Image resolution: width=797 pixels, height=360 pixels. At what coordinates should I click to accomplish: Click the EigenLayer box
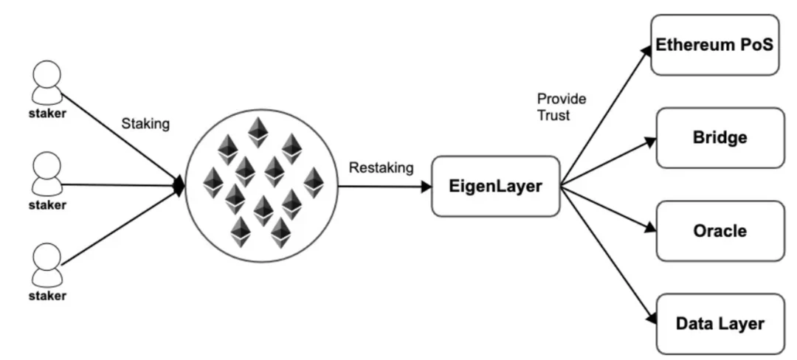(x=496, y=186)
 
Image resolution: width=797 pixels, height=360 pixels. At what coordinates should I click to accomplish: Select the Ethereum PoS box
(x=714, y=45)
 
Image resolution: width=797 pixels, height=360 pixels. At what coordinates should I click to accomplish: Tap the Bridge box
(x=720, y=137)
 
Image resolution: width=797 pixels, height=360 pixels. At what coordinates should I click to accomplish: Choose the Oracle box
(x=720, y=230)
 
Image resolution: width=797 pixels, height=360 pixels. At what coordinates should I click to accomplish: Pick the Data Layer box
(x=720, y=323)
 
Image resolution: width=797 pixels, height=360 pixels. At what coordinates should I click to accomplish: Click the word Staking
(x=145, y=124)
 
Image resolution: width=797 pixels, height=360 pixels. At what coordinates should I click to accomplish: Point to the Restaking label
(x=381, y=168)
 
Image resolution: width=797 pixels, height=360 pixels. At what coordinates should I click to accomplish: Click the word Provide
(x=560, y=98)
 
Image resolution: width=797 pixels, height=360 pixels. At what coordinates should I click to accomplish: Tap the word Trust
(x=553, y=115)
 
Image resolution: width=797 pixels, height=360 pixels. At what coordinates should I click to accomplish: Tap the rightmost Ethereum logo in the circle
(x=314, y=182)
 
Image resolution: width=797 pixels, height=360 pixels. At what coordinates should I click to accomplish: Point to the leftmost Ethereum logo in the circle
(x=213, y=182)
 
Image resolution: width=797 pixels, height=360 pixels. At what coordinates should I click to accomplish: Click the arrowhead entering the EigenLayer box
(x=426, y=187)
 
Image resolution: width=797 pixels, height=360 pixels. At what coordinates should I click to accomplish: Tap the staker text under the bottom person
(x=47, y=296)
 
